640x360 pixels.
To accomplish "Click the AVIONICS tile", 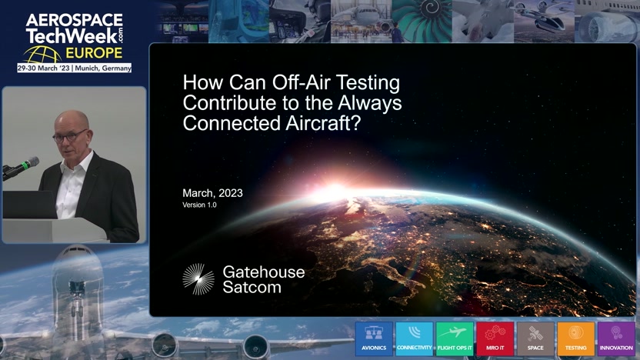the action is (x=374, y=338).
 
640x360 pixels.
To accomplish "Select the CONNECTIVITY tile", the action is (x=415, y=338).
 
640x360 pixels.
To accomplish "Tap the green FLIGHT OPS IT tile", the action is (x=455, y=338).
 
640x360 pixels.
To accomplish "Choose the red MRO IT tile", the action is (x=495, y=338).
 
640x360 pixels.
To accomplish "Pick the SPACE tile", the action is (x=535, y=338).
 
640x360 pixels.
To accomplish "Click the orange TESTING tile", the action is (x=576, y=338).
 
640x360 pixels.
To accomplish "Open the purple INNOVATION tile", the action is (x=616, y=338).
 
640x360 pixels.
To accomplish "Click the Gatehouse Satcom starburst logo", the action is (x=198, y=279).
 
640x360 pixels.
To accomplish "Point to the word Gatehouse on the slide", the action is (x=264, y=272).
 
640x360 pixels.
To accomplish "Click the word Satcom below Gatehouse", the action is (x=252, y=288).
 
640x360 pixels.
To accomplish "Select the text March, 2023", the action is (x=212, y=193).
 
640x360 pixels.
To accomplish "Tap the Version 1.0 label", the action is (x=199, y=205).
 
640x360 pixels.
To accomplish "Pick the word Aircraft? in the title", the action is (x=323, y=123).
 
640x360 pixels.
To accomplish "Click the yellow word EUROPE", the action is (x=94, y=53).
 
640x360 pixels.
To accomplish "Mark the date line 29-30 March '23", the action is (x=44, y=68).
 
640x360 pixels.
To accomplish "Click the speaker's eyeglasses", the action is (x=69, y=136).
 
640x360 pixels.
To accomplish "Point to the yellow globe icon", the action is (x=42, y=55).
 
